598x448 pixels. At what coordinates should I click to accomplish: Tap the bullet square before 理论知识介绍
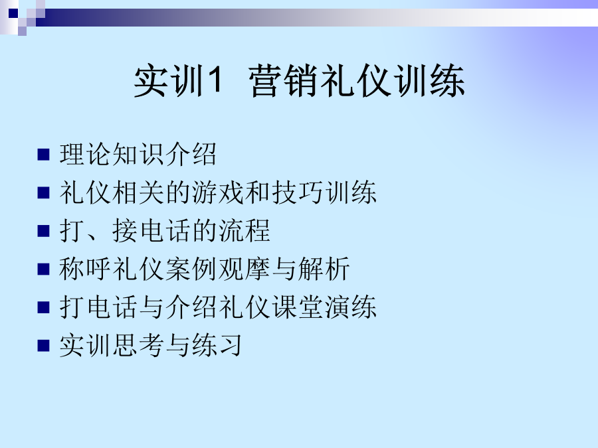tap(43, 154)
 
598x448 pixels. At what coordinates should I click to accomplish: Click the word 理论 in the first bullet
tap(86, 154)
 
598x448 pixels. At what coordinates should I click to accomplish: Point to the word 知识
tap(140, 154)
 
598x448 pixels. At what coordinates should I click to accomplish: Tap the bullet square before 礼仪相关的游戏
tap(43, 192)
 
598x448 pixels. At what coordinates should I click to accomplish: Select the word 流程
tap(245, 230)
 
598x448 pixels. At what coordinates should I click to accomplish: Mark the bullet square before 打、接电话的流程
tap(43, 231)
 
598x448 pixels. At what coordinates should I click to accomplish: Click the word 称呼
tap(86, 269)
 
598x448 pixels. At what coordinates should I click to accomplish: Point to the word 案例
tap(192, 269)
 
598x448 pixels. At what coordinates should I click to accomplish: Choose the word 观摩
tap(245, 269)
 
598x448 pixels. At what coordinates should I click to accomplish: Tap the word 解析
tap(324, 269)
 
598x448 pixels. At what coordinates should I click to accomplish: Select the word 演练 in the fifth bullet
tap(350, 307)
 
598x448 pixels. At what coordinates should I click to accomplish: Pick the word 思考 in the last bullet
tap(140, 345)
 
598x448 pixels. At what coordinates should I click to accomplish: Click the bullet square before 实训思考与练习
tap(43, 346)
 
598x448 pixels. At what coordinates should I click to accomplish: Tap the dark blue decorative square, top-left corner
tap(13, 13)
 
